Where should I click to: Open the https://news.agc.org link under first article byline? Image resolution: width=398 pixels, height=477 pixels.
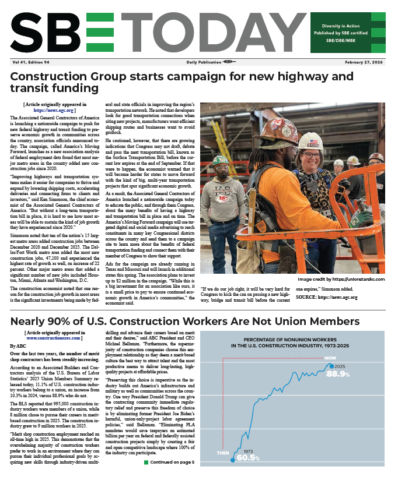coord(54,109)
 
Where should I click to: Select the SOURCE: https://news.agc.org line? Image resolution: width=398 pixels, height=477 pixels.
coord(326,313)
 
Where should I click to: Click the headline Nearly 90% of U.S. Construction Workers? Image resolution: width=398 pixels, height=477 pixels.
coord(184,323)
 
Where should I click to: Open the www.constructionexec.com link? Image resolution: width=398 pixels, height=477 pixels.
coord(54,338)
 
